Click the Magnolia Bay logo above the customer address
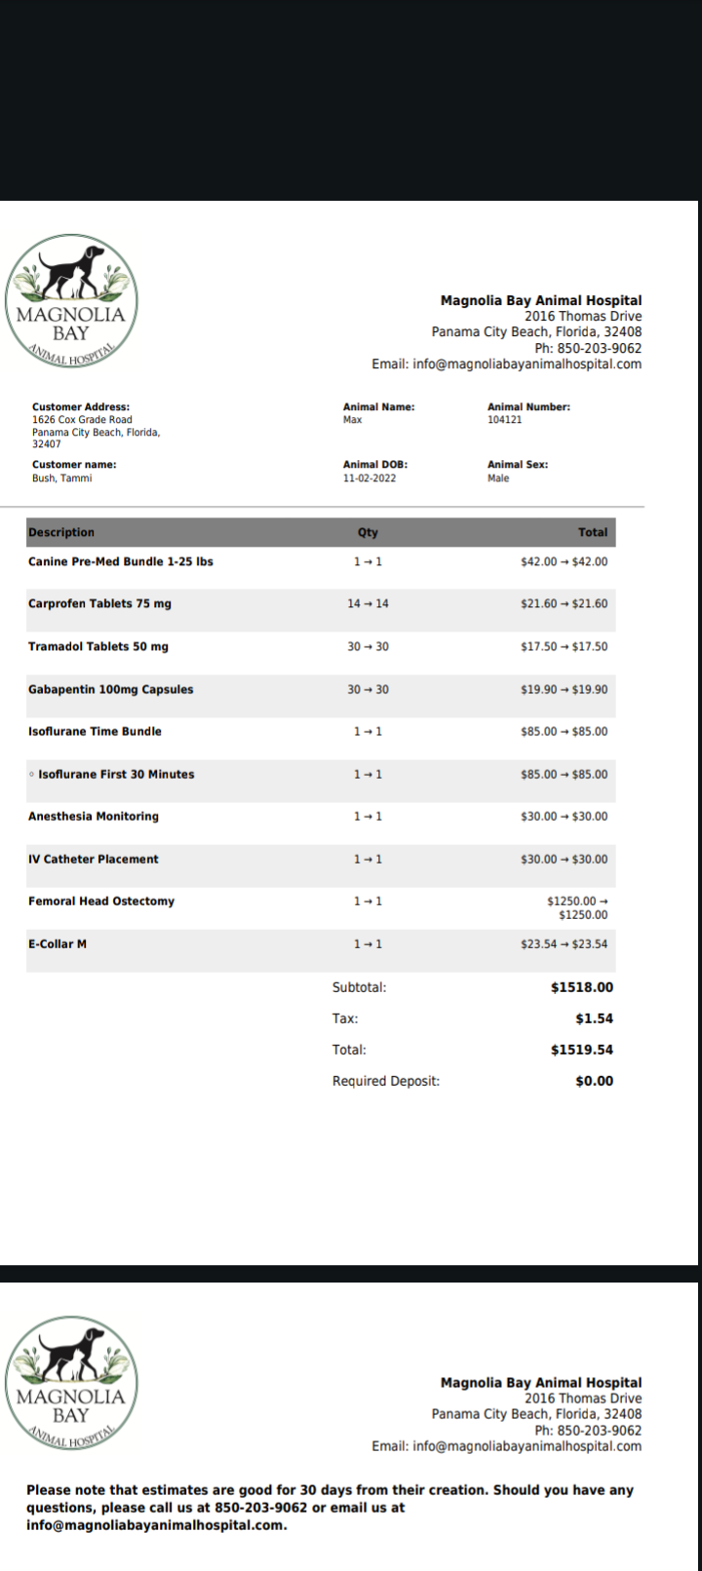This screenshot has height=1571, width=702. [71, 301]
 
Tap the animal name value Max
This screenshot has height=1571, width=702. [352, 420]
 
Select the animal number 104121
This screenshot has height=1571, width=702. [504, 420]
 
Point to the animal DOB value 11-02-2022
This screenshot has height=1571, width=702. [370, 479]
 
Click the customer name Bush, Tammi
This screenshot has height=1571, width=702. [62, 479]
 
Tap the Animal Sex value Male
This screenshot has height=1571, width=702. [498, 479]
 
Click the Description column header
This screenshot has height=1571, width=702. [61, 532]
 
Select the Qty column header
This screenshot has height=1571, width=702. [368, 532]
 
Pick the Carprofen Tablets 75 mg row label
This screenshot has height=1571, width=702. [99, 604]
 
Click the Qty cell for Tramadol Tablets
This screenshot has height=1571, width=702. [368, 647]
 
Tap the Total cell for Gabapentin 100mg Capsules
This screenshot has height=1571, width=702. [564, 690]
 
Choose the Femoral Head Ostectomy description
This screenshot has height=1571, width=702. [101, 901]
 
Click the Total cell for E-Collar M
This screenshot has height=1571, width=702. [564, 944]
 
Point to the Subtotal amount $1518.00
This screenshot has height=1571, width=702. [582, 987]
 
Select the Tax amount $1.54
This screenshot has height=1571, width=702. [594, 1018]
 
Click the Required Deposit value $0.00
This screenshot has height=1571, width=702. [594, 1081]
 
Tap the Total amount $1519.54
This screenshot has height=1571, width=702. [582, 1050]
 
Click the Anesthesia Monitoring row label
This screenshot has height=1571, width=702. [94, 817]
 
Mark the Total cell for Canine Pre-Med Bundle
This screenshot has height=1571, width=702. [564, 562]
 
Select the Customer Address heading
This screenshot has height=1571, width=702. [81, 407]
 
